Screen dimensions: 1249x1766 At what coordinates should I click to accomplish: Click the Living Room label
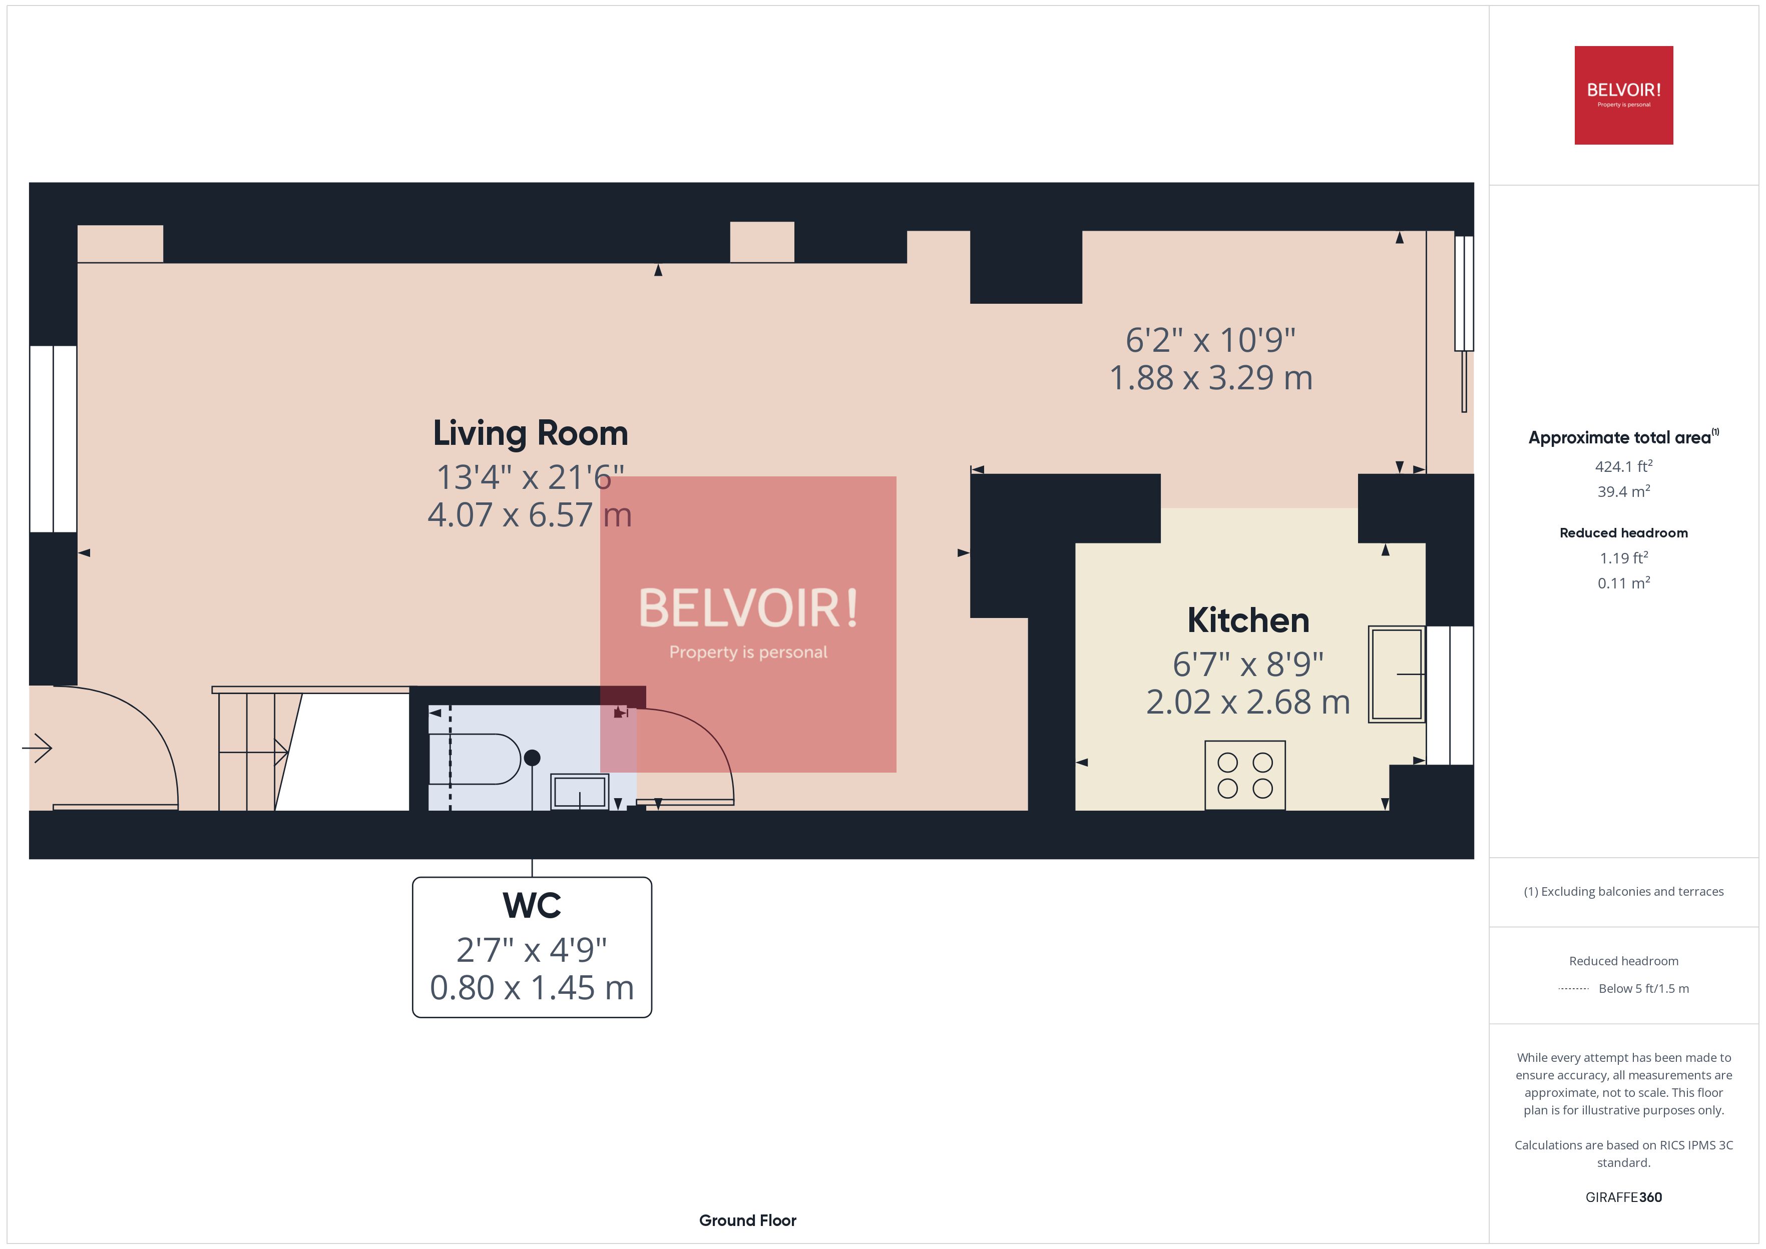530,433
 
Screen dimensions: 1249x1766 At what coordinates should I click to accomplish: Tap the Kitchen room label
1247,620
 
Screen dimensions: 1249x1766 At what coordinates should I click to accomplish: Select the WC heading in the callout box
532,905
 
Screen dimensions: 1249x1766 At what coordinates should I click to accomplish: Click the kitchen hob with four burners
1244,775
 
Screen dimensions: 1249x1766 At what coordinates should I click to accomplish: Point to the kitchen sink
1396,674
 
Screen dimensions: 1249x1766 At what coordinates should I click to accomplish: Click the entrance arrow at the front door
38,748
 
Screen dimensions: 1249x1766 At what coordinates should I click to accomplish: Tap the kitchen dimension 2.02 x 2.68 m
1247,702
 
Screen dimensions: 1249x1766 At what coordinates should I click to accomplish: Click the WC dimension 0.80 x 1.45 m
532,987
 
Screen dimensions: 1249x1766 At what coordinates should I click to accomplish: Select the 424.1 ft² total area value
1623,466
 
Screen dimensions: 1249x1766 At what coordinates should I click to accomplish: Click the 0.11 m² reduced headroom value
1623,583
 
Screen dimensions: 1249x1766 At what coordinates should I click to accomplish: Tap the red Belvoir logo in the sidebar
1623,96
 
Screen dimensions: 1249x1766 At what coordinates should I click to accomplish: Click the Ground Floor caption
747,1220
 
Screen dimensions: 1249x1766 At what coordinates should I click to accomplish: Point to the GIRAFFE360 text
1623,1196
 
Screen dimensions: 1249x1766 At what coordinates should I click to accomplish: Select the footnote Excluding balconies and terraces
1623,891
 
